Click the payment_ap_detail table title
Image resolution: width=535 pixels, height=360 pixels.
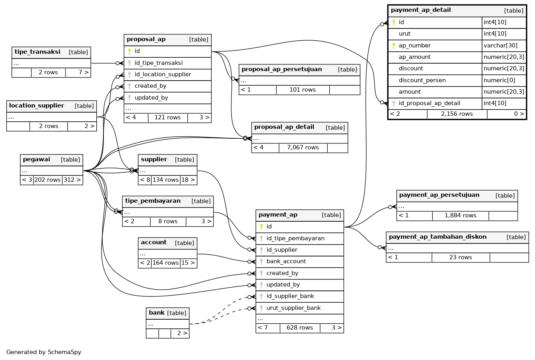[x=420, y=10]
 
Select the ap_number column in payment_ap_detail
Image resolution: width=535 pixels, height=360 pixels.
[x=415, y=45]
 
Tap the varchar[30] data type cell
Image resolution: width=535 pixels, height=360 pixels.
[x=500, y=45]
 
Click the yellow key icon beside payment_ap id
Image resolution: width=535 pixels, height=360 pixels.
[x=261, y=227]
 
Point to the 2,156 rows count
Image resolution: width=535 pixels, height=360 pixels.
[x=456, y=114]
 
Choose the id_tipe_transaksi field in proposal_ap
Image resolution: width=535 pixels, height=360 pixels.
[x=158, y=63]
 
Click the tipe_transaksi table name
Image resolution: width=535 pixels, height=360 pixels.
[x=38, y=52]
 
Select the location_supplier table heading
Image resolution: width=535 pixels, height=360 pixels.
[x=36, y=106]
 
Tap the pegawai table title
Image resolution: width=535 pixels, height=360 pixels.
[x=36, y=160]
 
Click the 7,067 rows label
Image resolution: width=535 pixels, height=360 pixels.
[x=302, y=147]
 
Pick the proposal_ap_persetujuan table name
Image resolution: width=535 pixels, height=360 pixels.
[x=282, y=70]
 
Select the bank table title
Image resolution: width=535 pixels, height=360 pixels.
[x=157, y=313]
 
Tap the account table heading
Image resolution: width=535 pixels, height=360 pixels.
[x=154, y=243]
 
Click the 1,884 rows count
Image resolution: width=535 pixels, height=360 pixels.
[x=460, y=215]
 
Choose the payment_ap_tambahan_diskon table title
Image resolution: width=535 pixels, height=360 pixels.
[x=437, y=237]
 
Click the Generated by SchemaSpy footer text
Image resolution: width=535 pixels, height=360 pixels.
[x=43, y=352]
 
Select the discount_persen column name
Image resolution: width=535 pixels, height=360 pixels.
[x=422, y=80]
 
